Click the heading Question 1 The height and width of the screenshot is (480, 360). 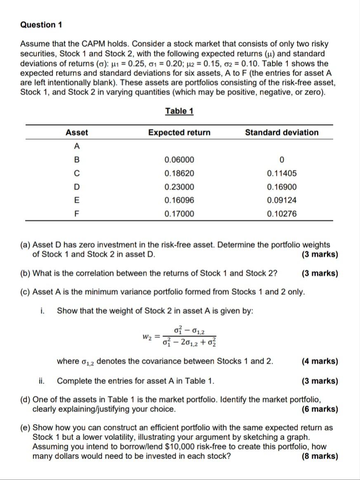tap(41, 25)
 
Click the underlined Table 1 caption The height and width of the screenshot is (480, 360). tap(179, 111)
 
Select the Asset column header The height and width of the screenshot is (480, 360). tap(77, 132)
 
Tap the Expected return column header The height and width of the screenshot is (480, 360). tap(179, 132)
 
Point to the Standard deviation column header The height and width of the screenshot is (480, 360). tap(282, 132)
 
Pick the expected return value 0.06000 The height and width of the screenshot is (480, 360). tap(179, 160)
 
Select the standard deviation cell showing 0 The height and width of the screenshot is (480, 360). tap(282, 160)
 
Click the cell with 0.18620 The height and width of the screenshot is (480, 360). tap(179, 174)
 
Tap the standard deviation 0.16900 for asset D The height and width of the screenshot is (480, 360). tap(282, 187)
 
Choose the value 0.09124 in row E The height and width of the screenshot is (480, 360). tap(282, 200)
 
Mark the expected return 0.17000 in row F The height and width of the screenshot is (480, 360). tap(179, 214)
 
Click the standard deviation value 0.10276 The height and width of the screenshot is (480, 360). tap(282, 214)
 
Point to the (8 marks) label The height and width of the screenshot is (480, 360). tap(320, 456)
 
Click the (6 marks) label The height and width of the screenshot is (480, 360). tap(320, 409)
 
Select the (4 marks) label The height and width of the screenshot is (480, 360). tap(320, 362)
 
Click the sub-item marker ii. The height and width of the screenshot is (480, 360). tap(42, 381)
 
